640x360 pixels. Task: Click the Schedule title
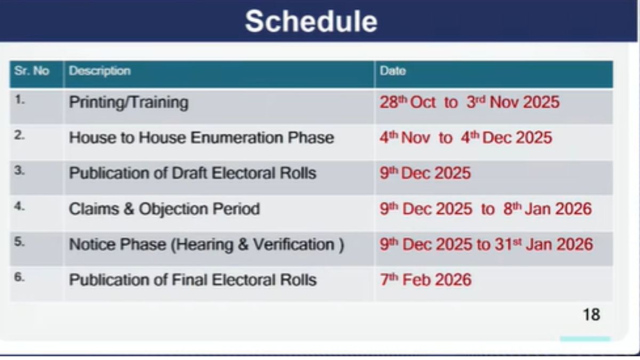pyautogui.click(x=311, y=21)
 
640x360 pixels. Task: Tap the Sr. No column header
pyautogui.click(x=31, y=70)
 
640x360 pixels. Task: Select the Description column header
pyautogui.click(x=100, y=71)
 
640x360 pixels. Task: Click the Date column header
pyautogui.click(x=393, y=70)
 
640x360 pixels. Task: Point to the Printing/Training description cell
pyautogui.click(x=129, y=102)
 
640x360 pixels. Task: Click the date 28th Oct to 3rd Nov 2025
pyautogui.click(x=469, y=102)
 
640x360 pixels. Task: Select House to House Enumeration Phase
pyautogui.click(x=202, y=138)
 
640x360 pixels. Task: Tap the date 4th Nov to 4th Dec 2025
pyautogui.click(x=466, y=138)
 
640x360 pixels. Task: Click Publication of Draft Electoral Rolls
pyautogui.click(x=193, y=173)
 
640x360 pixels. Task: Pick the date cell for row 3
pyautogui.click(x=425, y=173)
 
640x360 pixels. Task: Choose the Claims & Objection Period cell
pyautogui.click(x=164, y=209)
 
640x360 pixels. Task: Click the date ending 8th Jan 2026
pyautogui.click(x=485, y=209)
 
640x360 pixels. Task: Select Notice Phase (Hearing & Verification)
pyautogui.click(x=206, y=245)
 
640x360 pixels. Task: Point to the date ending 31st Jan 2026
pyautogui.click(x=486, y=244)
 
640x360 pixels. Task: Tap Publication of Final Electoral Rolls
pyautogui.click(x=193, y=279)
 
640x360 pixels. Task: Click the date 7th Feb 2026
pyautogui.click(x=426, y=279)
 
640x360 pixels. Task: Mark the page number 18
pyautogui.click(x=591, y=315)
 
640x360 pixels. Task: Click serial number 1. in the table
pyautogui.click(x=20, y=100)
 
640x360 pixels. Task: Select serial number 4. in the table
pyautogui.click(x=20, y=206)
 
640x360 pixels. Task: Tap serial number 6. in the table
pyautogui.click(x=20, y=277)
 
